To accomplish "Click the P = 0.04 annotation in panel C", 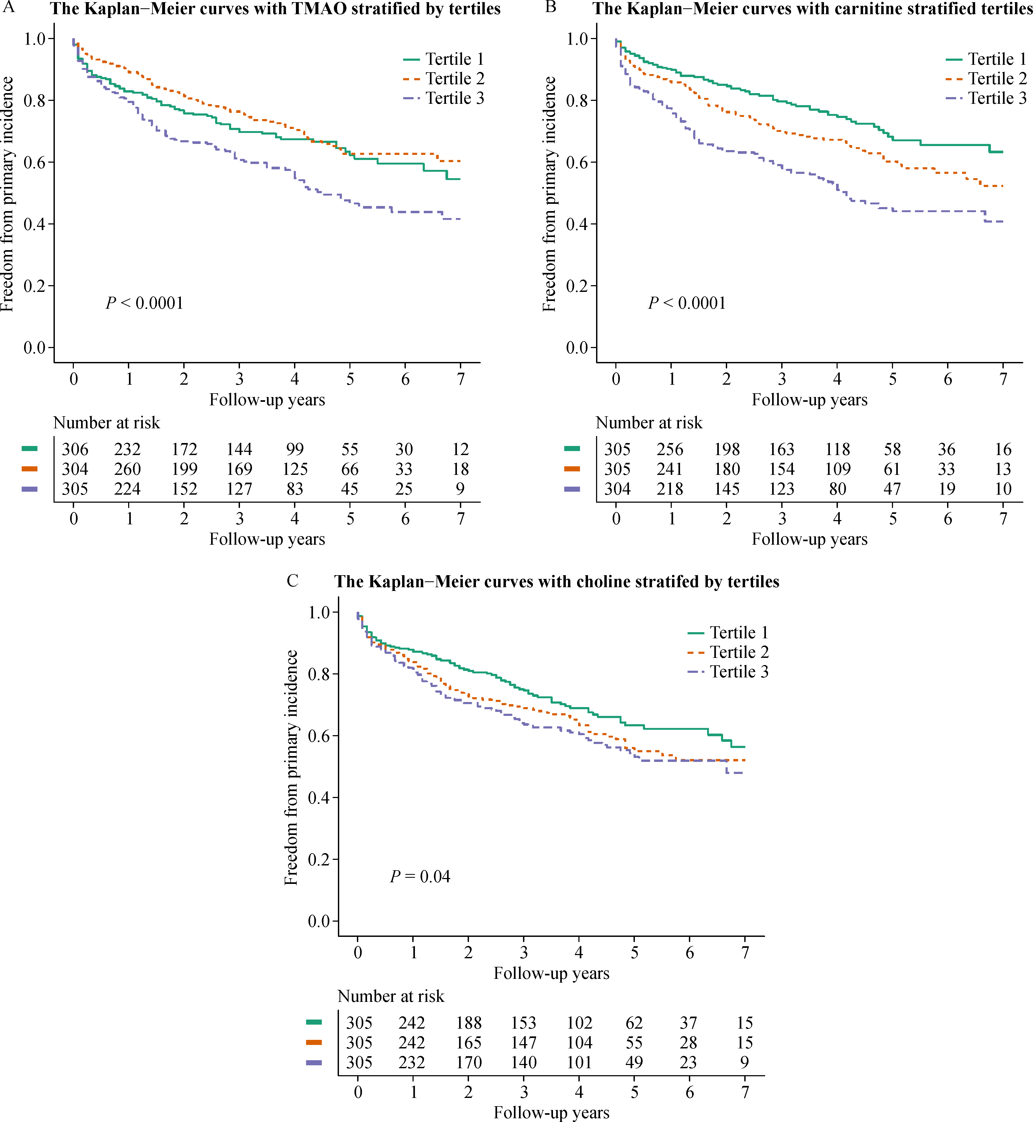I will point(420,876).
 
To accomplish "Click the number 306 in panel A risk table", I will point(75,449).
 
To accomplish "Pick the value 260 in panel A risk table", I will point(128,469).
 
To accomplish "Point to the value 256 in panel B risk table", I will point(670,449).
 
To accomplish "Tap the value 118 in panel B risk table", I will point(837,449).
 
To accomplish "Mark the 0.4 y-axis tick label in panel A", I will point(35,224).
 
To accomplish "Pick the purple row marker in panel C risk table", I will point(314,1062).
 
